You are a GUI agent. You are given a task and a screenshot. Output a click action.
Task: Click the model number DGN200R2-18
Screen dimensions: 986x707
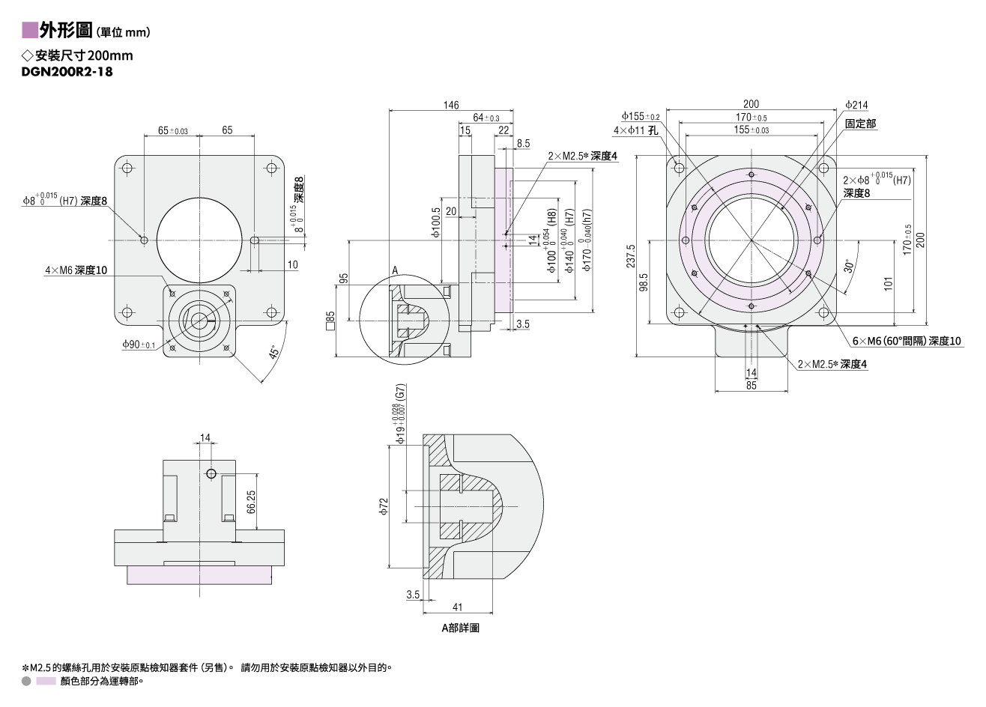(x=67, y=72)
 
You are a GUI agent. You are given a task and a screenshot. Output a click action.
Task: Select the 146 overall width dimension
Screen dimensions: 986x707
(x=451, y=105)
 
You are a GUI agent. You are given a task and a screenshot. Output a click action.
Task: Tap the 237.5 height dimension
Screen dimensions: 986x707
(x=631, y=256)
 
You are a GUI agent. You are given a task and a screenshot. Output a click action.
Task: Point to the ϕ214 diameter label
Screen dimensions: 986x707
(x=856, y=105)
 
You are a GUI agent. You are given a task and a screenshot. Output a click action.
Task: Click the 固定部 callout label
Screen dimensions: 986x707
(x=861, y=124)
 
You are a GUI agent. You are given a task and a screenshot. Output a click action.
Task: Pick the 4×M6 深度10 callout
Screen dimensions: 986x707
(x=76, y=270)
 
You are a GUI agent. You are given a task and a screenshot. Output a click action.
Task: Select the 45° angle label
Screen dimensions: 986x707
(x=273, y=352)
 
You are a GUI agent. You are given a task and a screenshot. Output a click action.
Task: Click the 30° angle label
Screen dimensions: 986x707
(x=849, y=266)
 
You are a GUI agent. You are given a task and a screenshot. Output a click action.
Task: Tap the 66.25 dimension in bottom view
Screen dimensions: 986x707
(x=251, y=502)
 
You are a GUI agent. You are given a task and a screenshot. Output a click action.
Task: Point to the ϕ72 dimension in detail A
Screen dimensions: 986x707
(x=384, y=506)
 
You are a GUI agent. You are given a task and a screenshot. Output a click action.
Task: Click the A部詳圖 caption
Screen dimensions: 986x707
(x=461, y=628)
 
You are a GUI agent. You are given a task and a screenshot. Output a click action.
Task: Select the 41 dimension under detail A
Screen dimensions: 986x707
(x=457, y=607)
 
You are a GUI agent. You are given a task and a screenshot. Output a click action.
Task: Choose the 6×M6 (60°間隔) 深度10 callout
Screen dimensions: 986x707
(x=907, y=341)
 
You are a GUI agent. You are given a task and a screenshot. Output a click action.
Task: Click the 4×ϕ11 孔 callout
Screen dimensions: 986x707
(x=635, y=130)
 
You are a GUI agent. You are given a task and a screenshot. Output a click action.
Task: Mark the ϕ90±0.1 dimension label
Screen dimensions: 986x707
(x=139, y=345)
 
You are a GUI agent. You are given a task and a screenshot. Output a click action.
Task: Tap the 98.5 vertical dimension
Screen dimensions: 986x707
(x=644, y=282)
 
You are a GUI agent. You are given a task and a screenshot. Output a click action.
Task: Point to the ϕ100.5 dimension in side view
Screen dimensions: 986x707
(x=436, y=222)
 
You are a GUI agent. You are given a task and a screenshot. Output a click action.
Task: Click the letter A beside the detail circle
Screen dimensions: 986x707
(x=395, y=270)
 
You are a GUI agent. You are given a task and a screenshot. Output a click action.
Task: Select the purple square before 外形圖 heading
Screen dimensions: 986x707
(x=30, y=30)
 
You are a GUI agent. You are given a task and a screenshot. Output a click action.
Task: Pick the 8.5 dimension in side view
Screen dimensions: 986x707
(x=524, y=144)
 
